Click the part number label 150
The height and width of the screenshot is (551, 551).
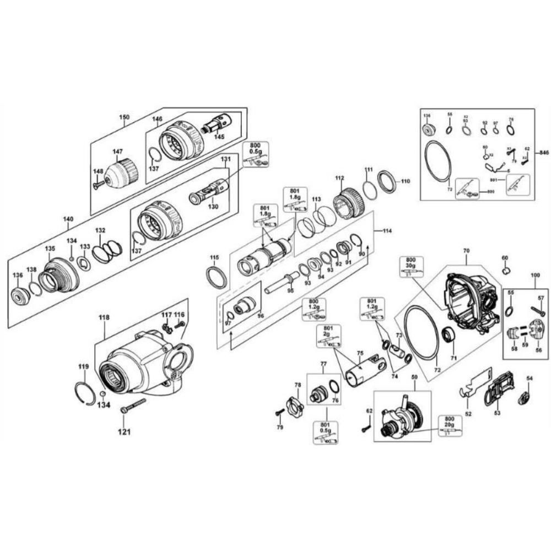click(x=125, y=117)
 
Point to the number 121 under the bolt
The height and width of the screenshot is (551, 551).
click(x=125, y=431)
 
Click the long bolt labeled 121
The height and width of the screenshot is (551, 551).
click(x=132, y=407)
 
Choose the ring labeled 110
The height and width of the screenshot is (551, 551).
click(x=387, y=182)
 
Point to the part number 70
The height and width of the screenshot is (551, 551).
click(x=466, y=251)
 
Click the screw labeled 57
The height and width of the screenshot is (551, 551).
click(x=537, y=311)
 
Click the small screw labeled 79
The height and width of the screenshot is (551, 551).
click(x=280, y=412)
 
